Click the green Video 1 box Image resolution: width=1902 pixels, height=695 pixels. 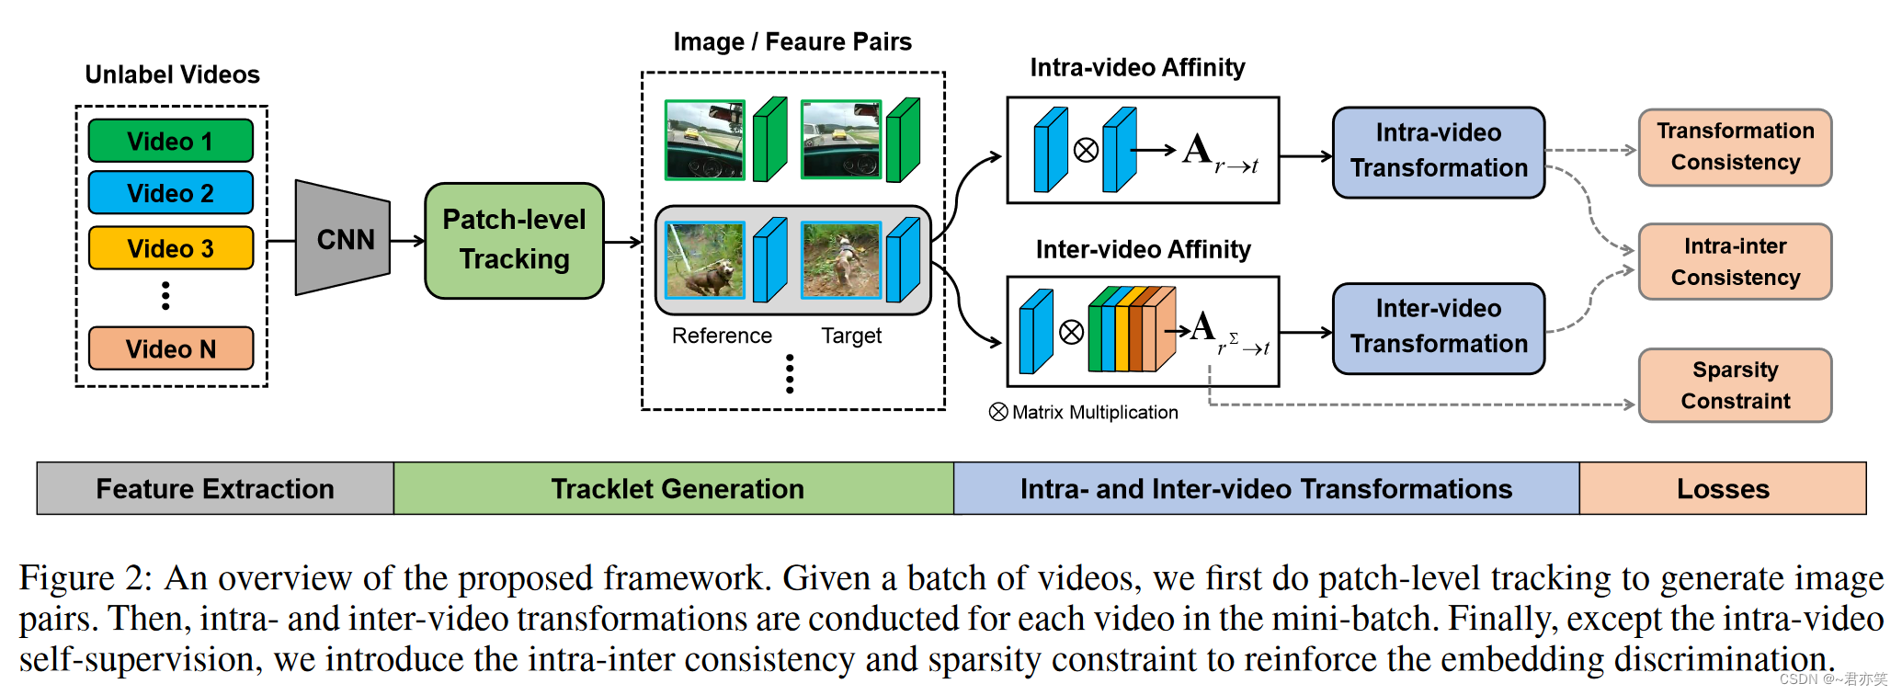pos(170,142)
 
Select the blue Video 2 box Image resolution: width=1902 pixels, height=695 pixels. pos(170,193)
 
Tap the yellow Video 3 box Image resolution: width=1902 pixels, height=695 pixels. pos(170,248)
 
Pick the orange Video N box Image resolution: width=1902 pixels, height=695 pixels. pos(170,349)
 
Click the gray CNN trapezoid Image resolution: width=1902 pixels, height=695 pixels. pos(342,239)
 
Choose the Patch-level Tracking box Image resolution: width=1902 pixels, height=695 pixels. pos(514,240)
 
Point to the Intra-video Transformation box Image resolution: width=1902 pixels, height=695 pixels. pos(1438,152)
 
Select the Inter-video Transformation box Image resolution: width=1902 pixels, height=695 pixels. pos(1438,327)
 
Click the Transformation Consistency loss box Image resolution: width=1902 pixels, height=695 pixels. pos(1735,147)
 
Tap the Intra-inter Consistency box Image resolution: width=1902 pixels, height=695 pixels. pos(1735,262)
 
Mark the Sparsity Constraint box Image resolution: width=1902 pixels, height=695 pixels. pos(1735,385)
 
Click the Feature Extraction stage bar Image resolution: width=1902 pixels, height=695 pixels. pos(215,488)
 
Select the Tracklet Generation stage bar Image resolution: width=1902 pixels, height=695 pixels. pos(677,488)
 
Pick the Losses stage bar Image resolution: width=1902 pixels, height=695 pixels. pos(1722,488)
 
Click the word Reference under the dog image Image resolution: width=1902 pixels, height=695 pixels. pos(722,336)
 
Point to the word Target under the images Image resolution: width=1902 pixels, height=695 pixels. pos(851,336)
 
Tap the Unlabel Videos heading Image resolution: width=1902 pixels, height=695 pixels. pos(172,74)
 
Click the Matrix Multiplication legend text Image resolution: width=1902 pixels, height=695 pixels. pos(1094,413)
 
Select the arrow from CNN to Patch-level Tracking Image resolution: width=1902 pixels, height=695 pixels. pos(407,241)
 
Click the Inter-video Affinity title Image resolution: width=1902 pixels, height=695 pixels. pos(1143,250)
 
